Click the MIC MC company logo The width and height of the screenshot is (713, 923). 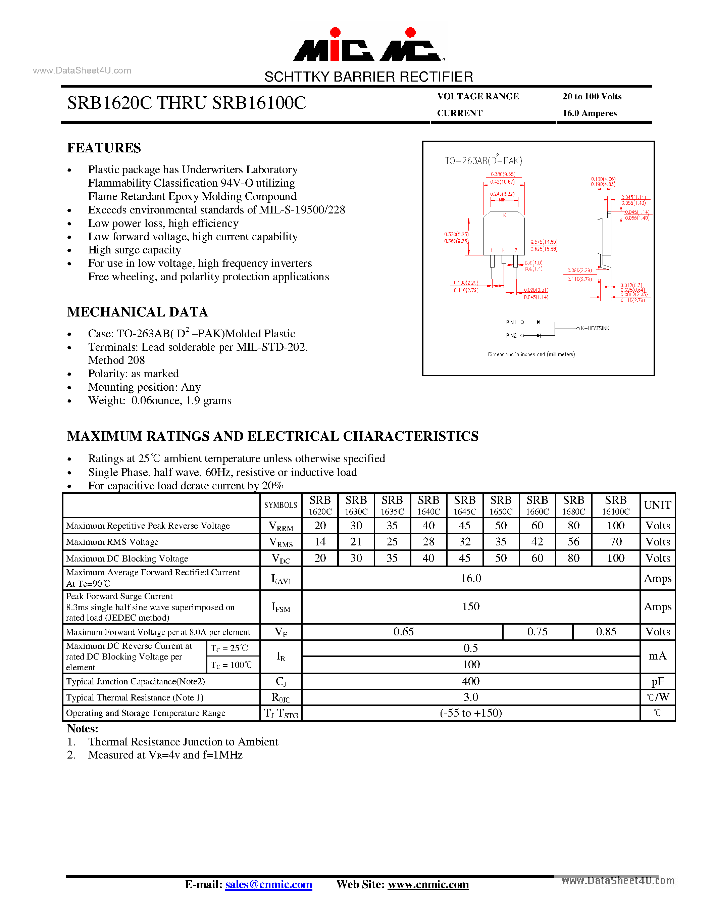tap(368, 45)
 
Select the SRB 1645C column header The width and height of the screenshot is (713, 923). tap(465, 505)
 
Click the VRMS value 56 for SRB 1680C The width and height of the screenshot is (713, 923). tap(573, 542)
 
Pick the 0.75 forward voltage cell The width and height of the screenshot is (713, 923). tap(537, 632)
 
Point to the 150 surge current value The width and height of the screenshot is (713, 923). tap(470, 606)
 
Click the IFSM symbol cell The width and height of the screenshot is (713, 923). tap(281, 607)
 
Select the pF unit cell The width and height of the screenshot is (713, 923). tap(657, 681)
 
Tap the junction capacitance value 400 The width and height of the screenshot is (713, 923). tap(470, 681)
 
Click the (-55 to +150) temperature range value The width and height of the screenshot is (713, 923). tap(470, 713)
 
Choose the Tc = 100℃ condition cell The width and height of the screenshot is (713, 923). tap(232, 665)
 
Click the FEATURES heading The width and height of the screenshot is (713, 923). tap(104, 148)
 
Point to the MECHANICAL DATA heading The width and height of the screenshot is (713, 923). tap(137, 312)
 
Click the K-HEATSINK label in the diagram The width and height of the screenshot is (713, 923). tap(595, 328)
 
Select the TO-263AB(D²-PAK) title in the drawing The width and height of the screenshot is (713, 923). tap(483, 160)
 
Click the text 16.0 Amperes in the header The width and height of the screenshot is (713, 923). tap(589, 113)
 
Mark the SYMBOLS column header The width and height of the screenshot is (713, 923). tap(281, 505)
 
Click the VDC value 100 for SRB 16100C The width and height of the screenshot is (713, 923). tap(615, 558)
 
